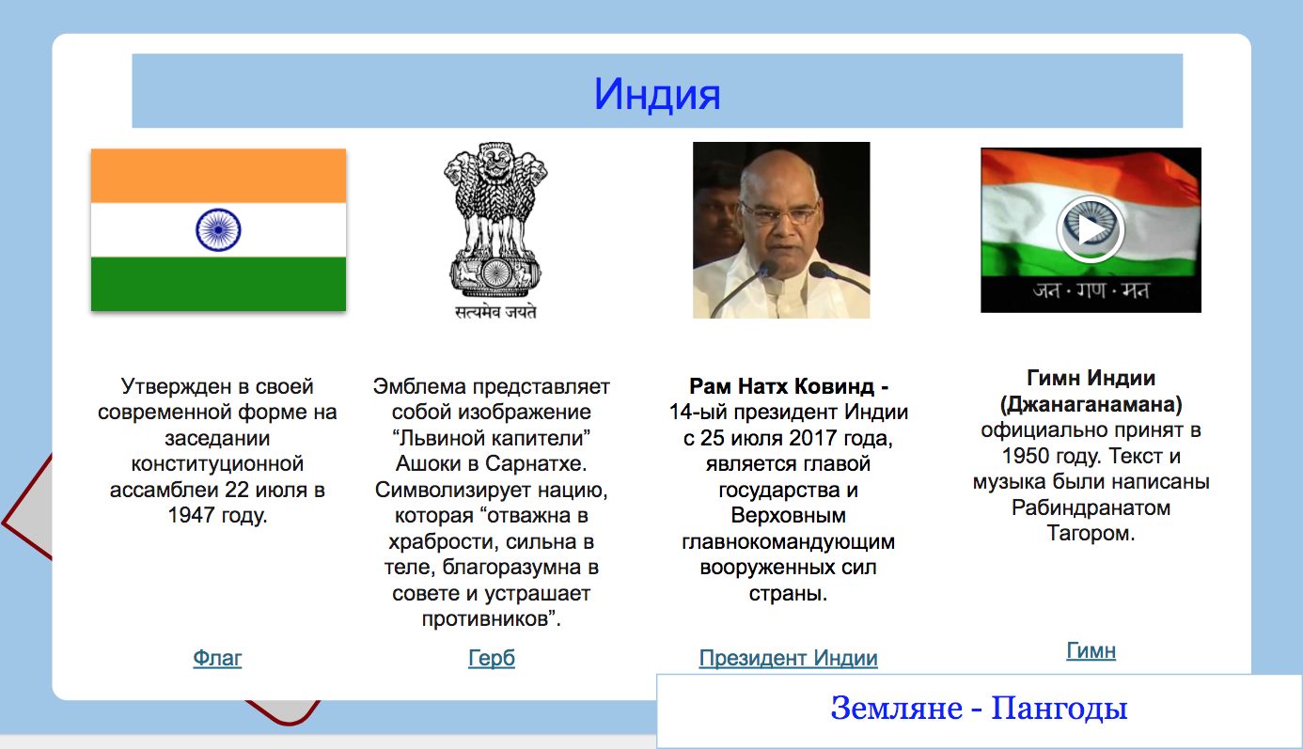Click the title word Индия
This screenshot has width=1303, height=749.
click(657, 94)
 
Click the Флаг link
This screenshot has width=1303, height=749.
click(217, 658)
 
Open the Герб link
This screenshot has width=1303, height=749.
click(492, 658)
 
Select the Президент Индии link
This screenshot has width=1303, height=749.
click(788, 658)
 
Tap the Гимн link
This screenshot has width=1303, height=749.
click(1091, 650)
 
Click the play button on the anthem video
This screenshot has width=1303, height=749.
click(1091, 229)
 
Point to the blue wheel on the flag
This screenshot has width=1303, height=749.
click(218, 229)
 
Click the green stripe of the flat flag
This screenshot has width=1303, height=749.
click(218, 284)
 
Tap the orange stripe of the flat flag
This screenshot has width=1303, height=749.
click(218, 176)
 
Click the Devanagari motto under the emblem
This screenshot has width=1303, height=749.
click(495, 312)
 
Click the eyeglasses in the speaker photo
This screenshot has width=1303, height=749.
click(779, 214)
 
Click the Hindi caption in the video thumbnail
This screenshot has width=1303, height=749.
click(1091, 290)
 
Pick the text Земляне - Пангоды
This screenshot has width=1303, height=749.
click(979, 709)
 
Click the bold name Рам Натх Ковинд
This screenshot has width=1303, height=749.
click(781, 386)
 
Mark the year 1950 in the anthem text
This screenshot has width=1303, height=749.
click(1025, 456)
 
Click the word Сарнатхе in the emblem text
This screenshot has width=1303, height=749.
click(535, 463)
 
